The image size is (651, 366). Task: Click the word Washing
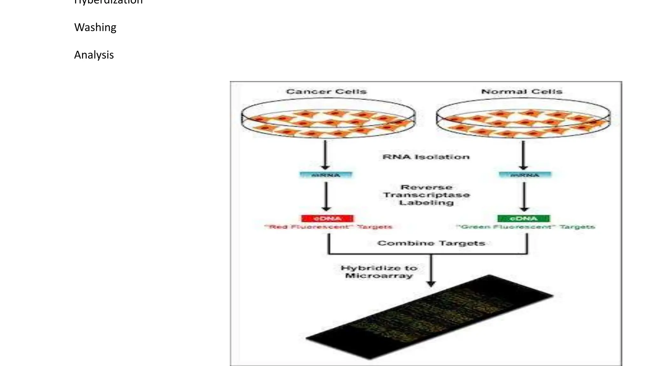point(95,28)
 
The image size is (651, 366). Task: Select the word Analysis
point(94,55)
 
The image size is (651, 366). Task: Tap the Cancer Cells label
point(326,92)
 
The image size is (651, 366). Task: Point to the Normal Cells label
point(522,92)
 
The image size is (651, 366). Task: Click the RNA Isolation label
point(426,157)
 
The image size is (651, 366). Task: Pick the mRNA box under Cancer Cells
point(326,175)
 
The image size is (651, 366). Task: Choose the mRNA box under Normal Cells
point(525,175)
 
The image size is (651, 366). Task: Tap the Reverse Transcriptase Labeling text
point(426,195)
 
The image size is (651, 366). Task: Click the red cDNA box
point(327,219)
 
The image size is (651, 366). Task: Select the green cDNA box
point(524,219)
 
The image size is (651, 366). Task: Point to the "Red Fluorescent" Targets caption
point(328,227)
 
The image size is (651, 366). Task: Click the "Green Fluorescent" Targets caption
point(525,227)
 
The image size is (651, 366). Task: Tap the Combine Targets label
point(431,243)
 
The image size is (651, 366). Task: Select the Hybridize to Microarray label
point(379,272)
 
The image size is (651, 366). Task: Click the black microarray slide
point(429,318)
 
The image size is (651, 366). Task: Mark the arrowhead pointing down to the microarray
point(431,283)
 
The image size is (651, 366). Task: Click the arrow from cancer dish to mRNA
point(325,155)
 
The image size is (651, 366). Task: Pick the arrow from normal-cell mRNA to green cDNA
point(524,197)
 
